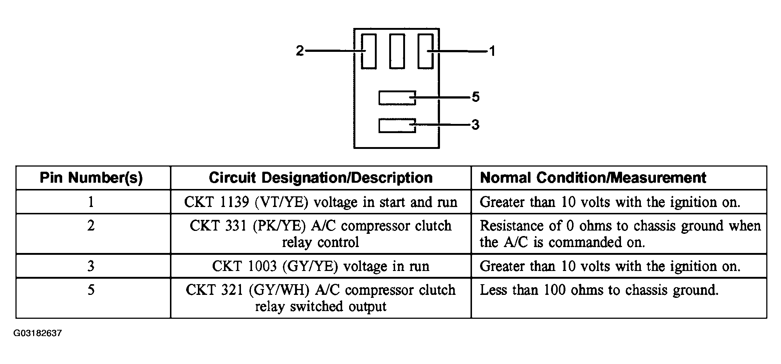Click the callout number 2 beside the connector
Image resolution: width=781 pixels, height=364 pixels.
[300, 51]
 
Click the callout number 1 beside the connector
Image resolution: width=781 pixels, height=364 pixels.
[492, 51]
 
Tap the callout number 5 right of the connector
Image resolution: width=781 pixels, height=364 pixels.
[475, 97]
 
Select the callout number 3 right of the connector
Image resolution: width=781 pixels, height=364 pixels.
[475, 125]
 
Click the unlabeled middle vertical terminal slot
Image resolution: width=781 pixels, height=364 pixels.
[397, 51]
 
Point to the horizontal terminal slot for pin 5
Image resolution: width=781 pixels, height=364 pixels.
[397, 98]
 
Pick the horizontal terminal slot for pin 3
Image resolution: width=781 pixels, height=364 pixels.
[397, 126]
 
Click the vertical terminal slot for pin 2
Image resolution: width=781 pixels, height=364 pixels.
[369, 51]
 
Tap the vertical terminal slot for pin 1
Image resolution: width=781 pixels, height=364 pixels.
[425, 51]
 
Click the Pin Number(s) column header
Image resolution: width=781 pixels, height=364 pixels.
[91, 178]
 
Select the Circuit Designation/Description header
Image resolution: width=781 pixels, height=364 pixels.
[320, 178]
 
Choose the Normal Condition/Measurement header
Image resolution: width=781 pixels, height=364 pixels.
[593, 178]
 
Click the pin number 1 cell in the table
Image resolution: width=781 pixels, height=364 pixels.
[91, 202]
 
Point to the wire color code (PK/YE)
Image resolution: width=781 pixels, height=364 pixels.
[280, 226]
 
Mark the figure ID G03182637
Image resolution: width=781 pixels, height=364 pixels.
[38, 333]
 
